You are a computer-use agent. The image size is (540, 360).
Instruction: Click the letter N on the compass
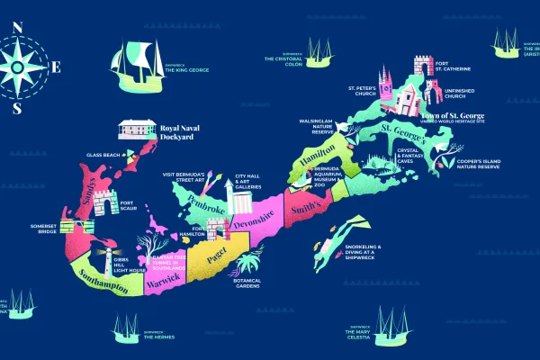point(18,26)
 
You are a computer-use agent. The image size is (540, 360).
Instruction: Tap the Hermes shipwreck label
point(157,336)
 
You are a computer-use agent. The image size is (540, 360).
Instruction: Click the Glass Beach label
point(103,155)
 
